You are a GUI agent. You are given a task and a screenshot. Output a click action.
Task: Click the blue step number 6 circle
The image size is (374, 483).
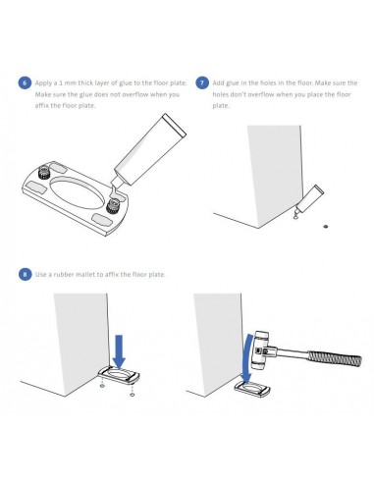pos(25,82)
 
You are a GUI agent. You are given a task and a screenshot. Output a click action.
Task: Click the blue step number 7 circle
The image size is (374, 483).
pos(202,82)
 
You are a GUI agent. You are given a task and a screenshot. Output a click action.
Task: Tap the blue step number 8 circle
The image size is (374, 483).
pos(25,274)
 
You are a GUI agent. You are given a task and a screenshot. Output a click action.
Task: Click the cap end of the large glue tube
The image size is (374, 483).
pos(175,125)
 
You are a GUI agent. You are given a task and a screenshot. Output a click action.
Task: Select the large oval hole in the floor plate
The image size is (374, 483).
pos(78,193)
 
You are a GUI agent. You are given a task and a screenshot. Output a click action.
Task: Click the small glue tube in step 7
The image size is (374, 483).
pos(310,199)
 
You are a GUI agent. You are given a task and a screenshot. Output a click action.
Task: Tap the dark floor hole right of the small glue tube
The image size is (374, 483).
pos(325,226)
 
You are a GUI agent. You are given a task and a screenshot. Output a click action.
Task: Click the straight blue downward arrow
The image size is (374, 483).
pos(119,350)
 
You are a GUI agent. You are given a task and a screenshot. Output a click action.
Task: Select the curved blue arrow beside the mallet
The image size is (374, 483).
pos(248,358)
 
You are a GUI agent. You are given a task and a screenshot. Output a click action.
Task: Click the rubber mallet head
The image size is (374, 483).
pos(260,349)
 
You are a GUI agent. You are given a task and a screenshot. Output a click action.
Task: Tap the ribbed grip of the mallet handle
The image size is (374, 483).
pos(335,357)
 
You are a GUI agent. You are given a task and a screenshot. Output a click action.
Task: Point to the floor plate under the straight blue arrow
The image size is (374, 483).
pos(119,375)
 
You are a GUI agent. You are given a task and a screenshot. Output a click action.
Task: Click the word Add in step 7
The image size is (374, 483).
pos(218,82)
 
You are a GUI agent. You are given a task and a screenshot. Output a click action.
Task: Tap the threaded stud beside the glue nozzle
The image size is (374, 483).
pos(113,206)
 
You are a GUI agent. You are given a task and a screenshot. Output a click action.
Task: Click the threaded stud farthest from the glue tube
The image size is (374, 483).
pos(43,172)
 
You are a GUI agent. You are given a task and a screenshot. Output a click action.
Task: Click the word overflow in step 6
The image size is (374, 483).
pos(134,94)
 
